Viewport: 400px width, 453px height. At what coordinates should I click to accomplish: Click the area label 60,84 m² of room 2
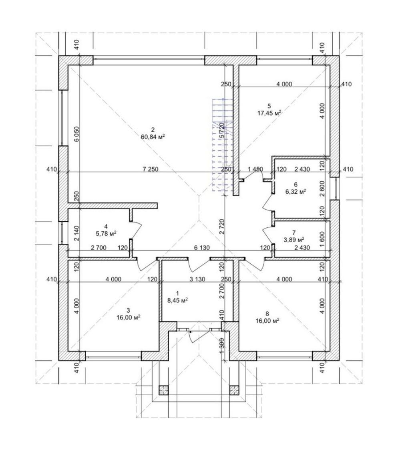point(153,137)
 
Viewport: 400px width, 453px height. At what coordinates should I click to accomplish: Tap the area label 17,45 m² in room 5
point(269,113)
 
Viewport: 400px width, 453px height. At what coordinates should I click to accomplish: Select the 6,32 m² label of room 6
point(296,191)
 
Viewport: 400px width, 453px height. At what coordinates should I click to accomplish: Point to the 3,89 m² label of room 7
point(294,239)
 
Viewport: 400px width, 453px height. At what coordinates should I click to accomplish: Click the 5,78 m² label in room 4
point(106,233)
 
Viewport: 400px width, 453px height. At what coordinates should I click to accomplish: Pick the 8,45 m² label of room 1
point(177,300)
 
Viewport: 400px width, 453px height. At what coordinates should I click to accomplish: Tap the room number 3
point(128,310)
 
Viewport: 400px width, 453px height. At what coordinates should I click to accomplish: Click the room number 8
point(267,313)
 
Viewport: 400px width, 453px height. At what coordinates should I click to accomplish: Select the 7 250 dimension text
point(151,169)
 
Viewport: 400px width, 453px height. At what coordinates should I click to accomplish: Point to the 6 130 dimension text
point(202,248)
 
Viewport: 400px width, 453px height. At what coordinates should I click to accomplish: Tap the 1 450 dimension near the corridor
point(255,169)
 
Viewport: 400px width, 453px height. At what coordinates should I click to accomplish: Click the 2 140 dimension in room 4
point(76,233)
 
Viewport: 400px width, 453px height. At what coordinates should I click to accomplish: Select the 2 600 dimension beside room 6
point(322,189)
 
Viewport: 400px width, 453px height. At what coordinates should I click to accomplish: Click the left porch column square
point(163,390)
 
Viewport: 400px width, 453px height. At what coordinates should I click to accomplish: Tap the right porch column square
point(234,390)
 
